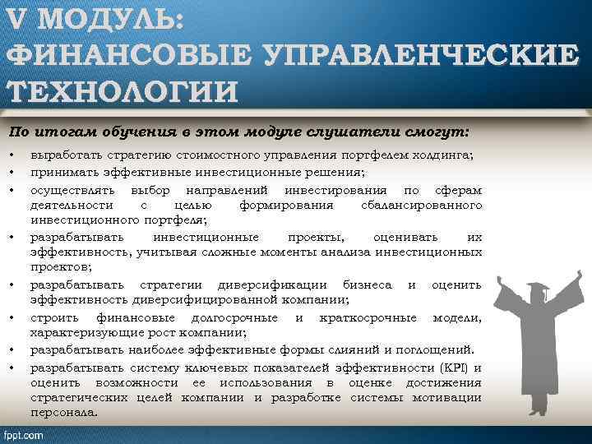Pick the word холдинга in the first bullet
pyautogui.click(x=445, y=155)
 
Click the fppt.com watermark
pyautogui.click(x=25, y=434)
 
